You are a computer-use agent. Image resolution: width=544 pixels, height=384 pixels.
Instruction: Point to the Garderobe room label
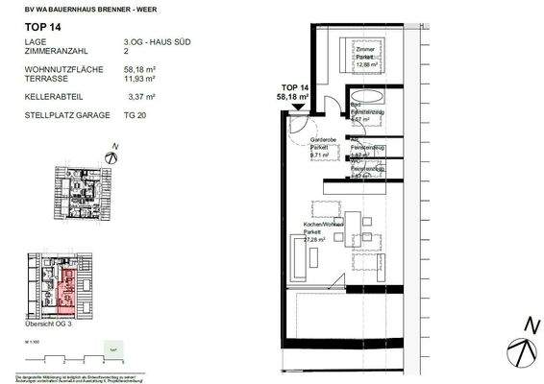[322, 140]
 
